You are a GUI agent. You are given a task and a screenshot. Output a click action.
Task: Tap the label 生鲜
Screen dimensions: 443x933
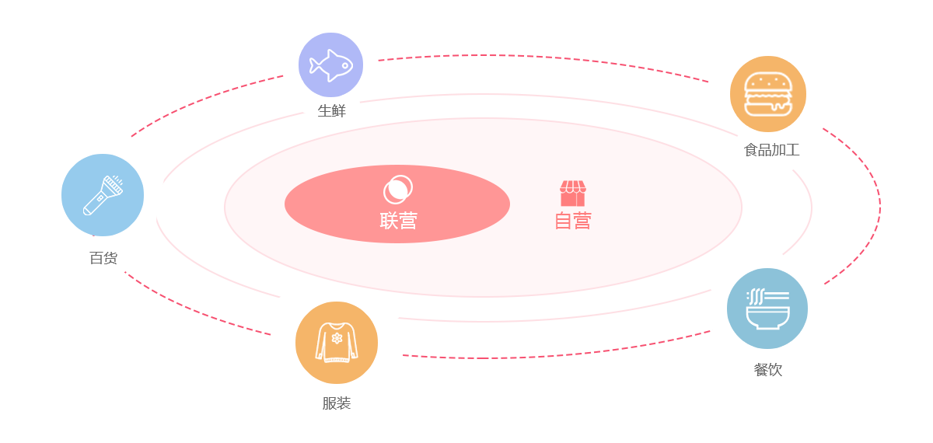pos(331,110)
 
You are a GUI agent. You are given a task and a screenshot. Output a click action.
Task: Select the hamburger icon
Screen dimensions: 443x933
pos(767,93)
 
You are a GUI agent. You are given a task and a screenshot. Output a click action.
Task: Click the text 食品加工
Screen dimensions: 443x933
pos(771,150)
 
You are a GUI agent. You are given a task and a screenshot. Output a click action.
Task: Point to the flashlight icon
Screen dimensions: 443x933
pos(103,195)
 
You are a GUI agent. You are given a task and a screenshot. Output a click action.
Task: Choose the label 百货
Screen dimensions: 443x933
pos(103,258)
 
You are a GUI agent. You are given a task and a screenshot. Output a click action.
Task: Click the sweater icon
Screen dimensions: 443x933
pos(337,343)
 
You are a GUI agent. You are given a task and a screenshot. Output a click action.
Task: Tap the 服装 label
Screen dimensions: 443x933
pos(337,403)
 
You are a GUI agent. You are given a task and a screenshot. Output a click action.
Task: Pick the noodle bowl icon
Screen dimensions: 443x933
pos(767,309)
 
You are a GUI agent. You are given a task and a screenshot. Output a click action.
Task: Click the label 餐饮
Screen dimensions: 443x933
pos(767,370)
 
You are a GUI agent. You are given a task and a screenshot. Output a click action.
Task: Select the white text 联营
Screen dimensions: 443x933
pos(398,221)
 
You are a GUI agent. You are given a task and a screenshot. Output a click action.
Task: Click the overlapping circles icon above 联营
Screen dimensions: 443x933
pos(397,189)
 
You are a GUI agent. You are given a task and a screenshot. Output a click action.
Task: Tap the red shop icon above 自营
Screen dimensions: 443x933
pos(572,194)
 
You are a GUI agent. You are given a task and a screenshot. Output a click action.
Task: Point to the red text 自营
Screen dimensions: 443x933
pos(572,221)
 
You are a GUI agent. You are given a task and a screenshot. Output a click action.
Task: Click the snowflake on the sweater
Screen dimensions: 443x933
pos(337,339)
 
